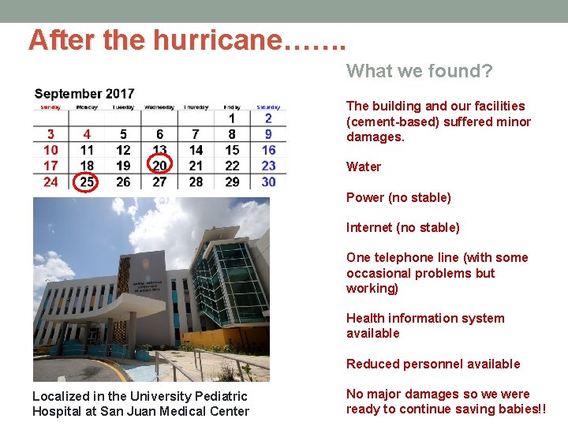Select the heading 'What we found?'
(x=419, y=72)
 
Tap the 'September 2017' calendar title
(x=84, y=94)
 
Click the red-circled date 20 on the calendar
(x=160, y=165)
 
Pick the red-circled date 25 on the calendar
(x=87, y=181)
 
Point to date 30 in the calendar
(x=268, y=181)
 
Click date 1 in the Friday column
(x=232, y=118)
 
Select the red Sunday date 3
(x=50, y=135)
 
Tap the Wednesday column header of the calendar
(x=159, y=107)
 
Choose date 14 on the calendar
(x=196, y=150)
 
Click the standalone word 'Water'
(x=363, y=166)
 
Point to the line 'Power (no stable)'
(x=398, y=197)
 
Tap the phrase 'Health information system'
(x=425, y=318)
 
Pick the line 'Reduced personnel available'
(x=433, y=364)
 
